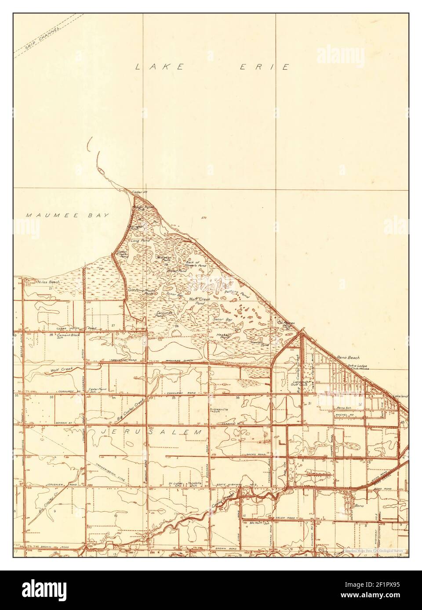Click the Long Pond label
(141, 241)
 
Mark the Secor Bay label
(222, 319)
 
